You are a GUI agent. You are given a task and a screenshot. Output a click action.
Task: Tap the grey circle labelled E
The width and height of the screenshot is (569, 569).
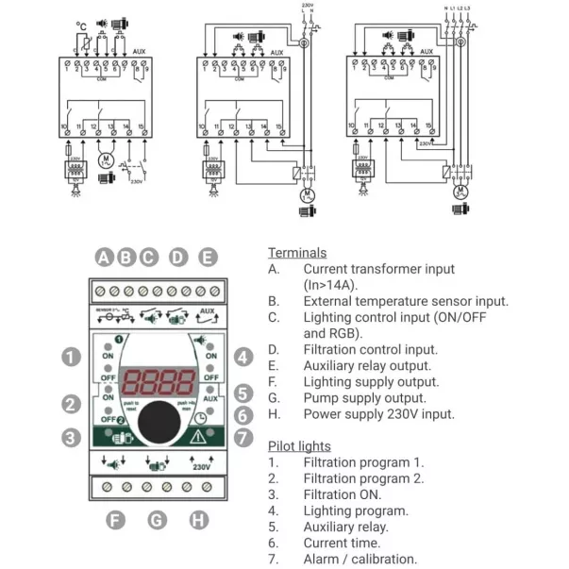pos(209,257)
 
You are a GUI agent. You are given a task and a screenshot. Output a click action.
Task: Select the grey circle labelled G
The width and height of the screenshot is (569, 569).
pos(158,520)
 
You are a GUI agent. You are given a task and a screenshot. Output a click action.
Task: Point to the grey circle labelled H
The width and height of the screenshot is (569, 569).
pos(199,520)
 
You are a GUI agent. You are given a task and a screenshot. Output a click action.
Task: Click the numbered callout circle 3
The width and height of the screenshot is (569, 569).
pos(71,437)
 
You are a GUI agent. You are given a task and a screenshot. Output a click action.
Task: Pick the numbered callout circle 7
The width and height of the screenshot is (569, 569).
pos(243,437)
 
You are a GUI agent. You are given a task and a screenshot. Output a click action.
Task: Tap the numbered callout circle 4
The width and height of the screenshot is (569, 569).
pos(243,357)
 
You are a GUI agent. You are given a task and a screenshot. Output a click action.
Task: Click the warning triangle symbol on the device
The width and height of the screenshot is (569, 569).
pos(198,436)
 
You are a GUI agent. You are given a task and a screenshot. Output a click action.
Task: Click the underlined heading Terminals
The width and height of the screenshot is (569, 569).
pos(297,253)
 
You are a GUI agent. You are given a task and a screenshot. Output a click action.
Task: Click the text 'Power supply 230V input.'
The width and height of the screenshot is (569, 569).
pos(378,413)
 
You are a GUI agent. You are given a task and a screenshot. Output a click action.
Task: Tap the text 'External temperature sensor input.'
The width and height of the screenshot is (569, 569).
pos(406,301)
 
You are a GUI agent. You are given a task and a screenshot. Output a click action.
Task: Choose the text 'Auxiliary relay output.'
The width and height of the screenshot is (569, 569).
pos(367,365)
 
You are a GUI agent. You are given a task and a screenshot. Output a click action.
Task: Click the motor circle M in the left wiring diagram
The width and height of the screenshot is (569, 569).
pos(105,161)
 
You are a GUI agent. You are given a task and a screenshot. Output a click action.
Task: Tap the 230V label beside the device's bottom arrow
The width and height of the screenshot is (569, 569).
pos(201,467)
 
